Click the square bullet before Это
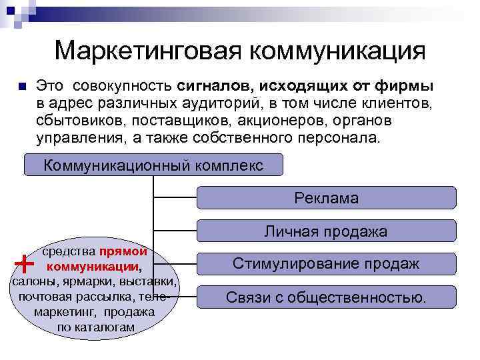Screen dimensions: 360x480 point(21,87)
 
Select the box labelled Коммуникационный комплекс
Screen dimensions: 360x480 point(153,165)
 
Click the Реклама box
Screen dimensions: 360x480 point(326,198)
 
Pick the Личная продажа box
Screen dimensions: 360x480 point(326,231)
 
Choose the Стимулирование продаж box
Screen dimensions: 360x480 point(326,264)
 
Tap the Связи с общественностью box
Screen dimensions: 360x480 point(326,297)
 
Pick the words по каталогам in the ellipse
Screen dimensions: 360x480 point(96,327)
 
